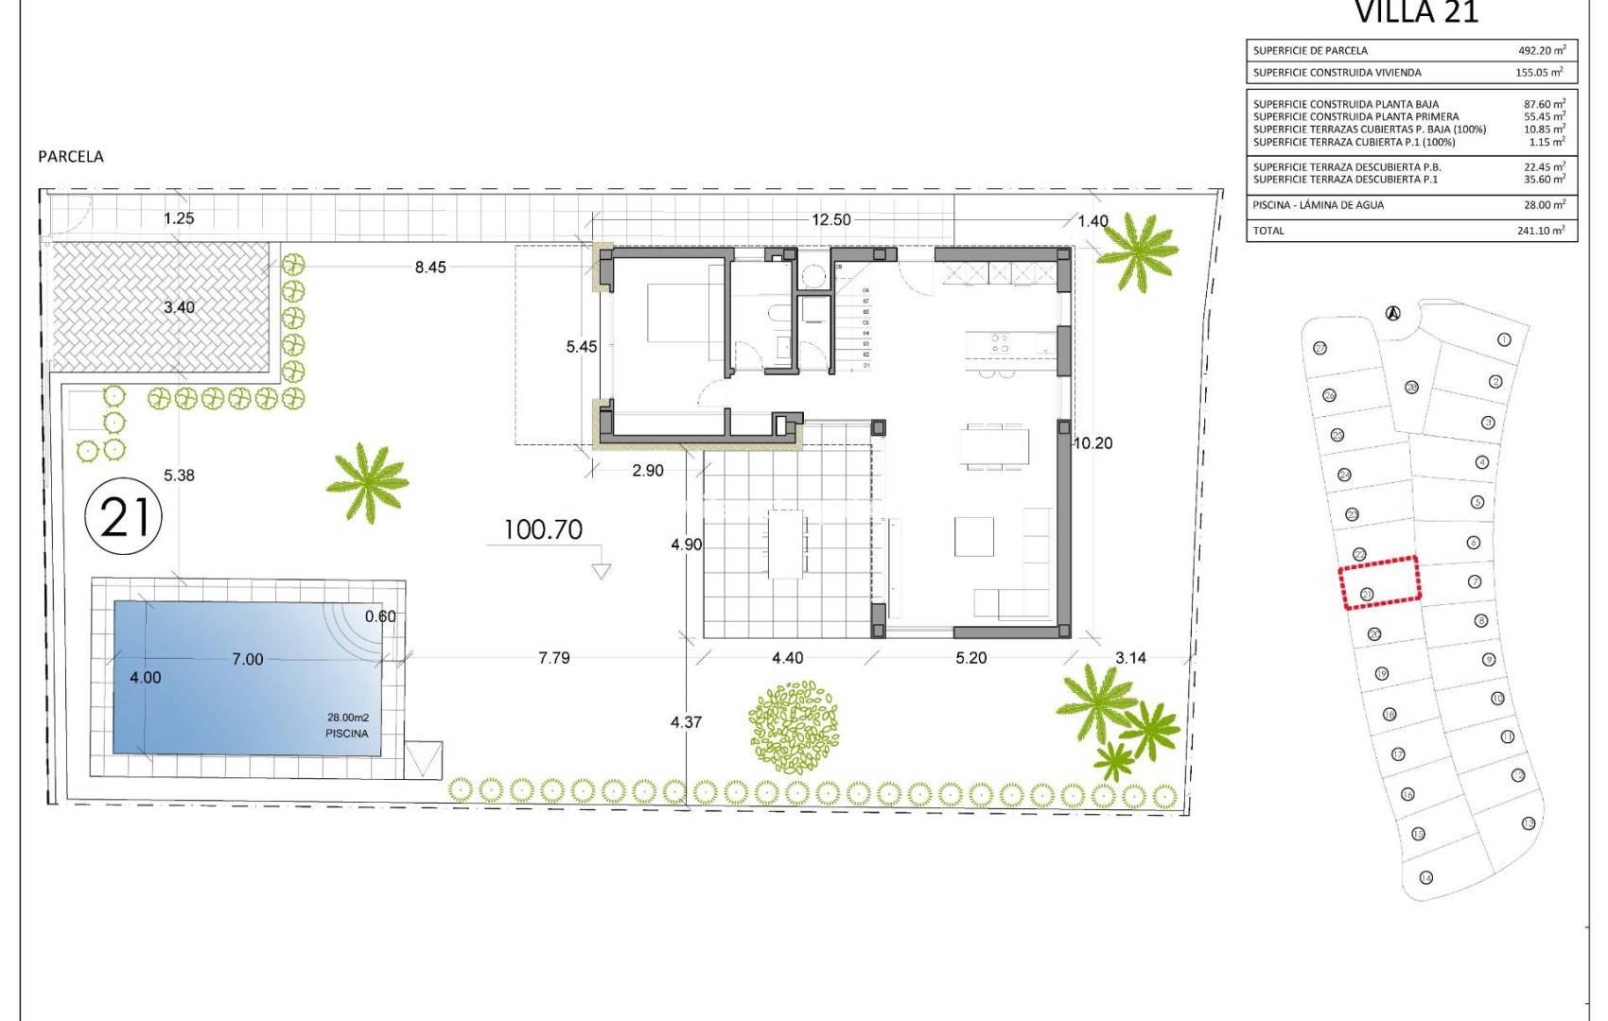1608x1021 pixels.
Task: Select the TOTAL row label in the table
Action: (x=1268, y=231)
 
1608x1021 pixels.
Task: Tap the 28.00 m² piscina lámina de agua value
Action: (x=1541, y=205)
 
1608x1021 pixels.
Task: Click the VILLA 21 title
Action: (x=1416, y=12)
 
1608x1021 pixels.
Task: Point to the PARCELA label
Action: (x=71, y=157)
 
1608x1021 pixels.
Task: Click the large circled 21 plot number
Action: (x=124, y=517)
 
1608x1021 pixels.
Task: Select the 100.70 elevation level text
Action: (x=542, y=529)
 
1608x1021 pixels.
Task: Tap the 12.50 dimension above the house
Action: (x=830, y=219)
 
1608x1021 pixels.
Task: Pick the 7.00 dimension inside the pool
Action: (x=248, y=659)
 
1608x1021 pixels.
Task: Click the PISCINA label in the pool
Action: (x=346, y=734)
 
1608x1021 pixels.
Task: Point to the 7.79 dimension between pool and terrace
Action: (x=554, y=658)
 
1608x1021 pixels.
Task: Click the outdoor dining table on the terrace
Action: (x=786, y=544)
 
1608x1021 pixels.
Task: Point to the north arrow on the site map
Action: (x=1392, y=314)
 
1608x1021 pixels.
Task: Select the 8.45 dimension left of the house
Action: (x=430, y=268)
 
